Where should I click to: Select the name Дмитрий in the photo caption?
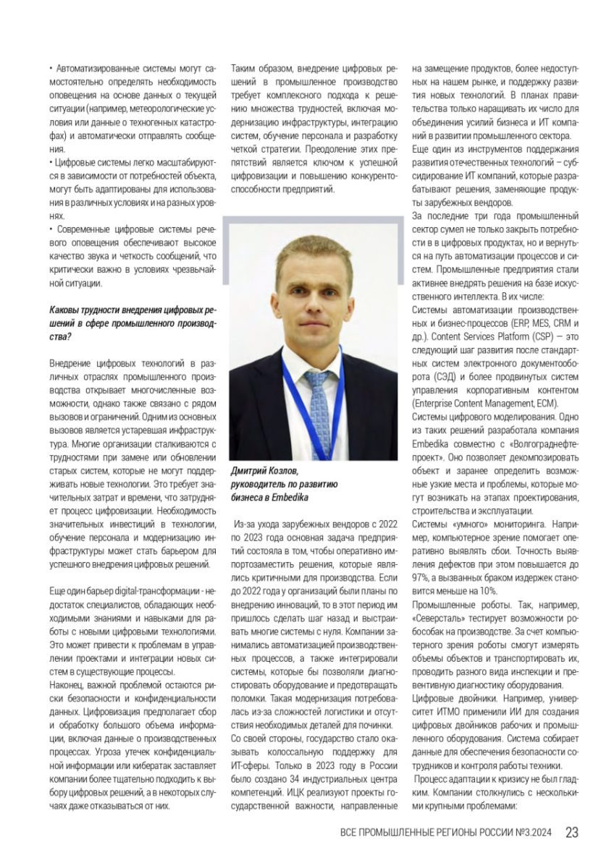coord(251,470)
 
